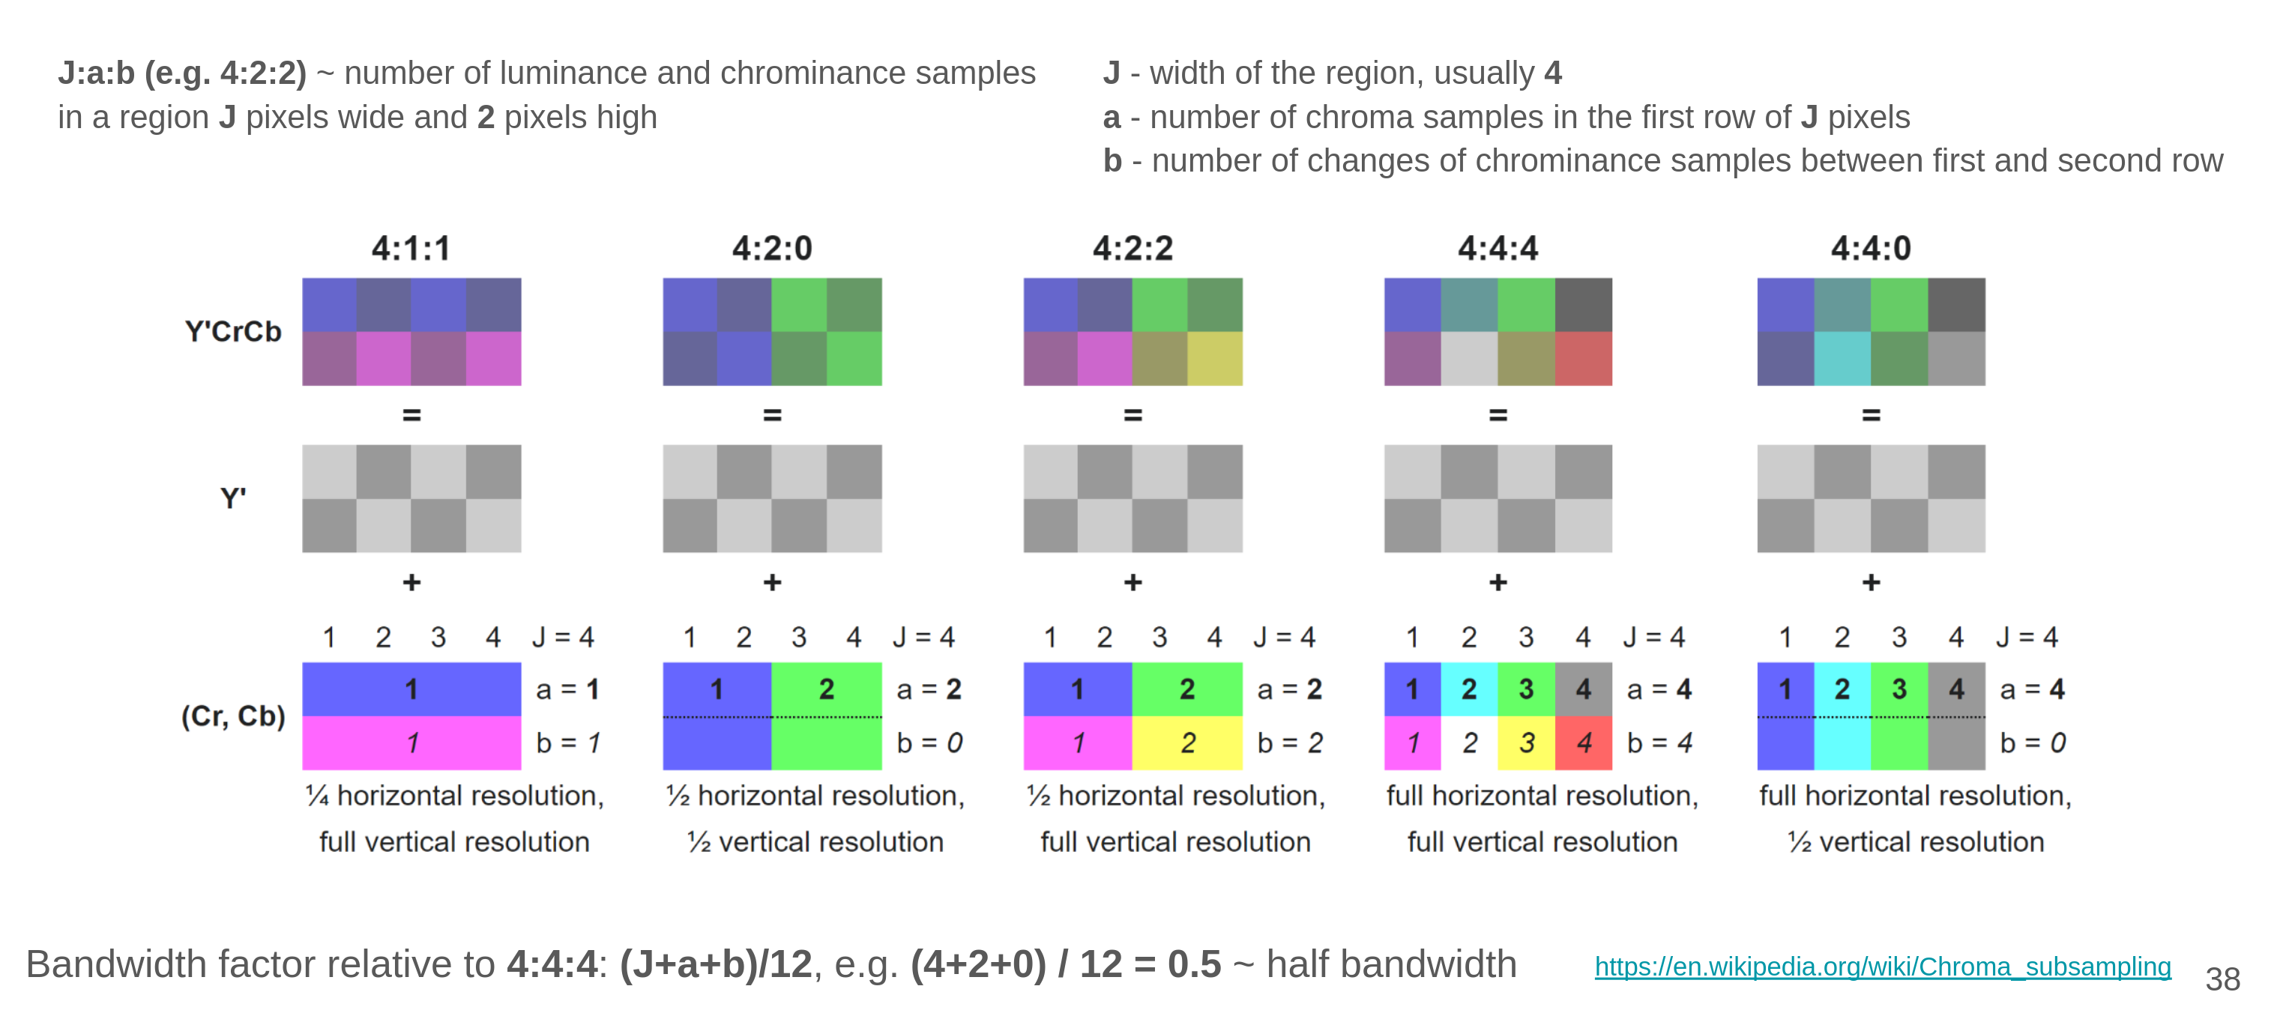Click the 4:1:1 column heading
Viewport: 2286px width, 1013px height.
[411, 248]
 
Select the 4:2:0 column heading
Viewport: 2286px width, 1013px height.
[772, 248]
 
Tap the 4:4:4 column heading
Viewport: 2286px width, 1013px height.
[1498, 248]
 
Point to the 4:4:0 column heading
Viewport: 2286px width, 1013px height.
[1871, 248]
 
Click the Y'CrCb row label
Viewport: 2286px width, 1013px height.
[232, 332]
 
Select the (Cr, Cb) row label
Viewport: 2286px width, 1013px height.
[232, 716]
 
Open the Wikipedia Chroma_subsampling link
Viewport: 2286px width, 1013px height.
[1882, 966]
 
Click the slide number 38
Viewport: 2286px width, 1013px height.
[2222, 979]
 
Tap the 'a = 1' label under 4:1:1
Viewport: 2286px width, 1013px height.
[568, 689]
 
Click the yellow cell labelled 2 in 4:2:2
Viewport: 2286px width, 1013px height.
[1187, 743]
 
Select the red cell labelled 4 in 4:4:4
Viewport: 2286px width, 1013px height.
[1584, 743]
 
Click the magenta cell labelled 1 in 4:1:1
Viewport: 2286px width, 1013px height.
[411, 743]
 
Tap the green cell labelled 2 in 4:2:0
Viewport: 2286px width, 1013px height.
[826, 689]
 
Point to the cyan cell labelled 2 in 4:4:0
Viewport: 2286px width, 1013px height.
[1842, 689]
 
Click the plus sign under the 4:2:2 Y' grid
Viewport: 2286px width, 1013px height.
[1133, 583]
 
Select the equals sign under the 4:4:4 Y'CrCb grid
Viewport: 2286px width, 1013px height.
[1498, 415]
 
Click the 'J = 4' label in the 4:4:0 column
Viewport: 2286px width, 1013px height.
[2027, 637]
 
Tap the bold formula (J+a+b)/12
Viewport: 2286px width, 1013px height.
[715, 964]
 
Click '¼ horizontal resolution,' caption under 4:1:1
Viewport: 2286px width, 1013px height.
[454, 796]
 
